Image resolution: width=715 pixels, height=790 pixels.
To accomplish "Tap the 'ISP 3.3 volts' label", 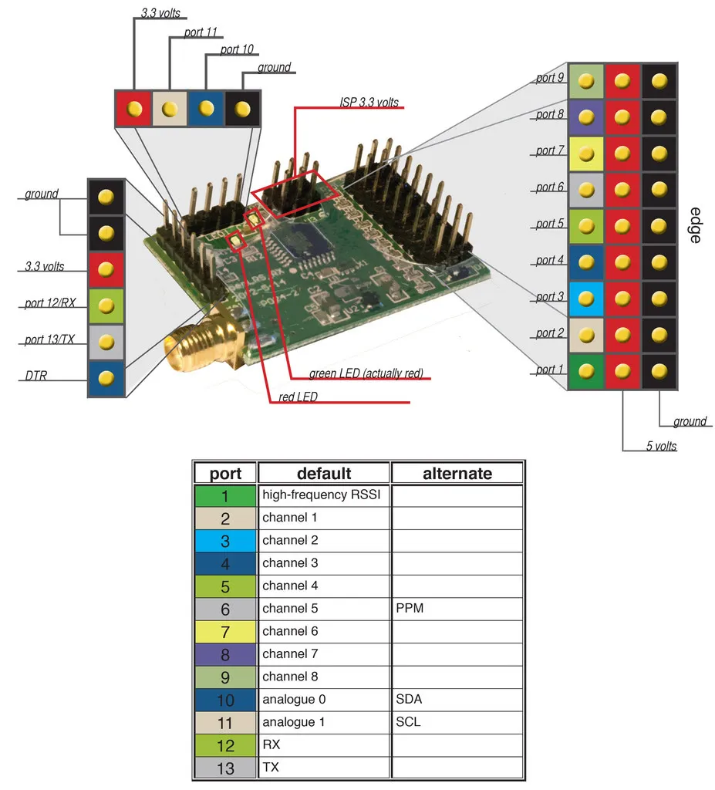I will [x=369, y=102].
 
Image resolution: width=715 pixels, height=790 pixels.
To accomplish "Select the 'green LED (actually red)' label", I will [x=366, y=373].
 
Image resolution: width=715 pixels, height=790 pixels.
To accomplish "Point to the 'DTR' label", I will [x=35, y=376].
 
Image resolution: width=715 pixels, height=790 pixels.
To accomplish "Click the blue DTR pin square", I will [x=106, y=378].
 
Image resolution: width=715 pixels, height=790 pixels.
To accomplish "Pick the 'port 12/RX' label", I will [x=49, y=303].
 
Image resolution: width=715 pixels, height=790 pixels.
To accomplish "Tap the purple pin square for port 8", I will [x=586, y=116].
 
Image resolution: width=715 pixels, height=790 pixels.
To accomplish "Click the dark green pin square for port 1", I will [x=586, y=371].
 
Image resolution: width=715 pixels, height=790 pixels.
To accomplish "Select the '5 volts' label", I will [x=662, y=445].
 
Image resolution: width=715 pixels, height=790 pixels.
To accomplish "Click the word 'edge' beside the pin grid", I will [x=695, y=225].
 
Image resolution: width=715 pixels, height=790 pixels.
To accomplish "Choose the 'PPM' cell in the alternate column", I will [x=410, y=609].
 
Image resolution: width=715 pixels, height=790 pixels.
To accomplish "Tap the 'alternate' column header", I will [x=457, y=473].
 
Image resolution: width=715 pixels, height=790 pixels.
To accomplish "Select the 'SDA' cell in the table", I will [x=409, y=699].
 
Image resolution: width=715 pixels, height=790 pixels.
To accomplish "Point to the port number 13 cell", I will [x=225, y=768].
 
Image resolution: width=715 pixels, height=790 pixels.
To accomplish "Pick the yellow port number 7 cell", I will [x=225, y=632].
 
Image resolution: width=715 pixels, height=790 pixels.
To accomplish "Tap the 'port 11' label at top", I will [x=201, y=32].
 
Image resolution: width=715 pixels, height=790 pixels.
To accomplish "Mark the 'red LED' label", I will [x=292, y=397].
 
